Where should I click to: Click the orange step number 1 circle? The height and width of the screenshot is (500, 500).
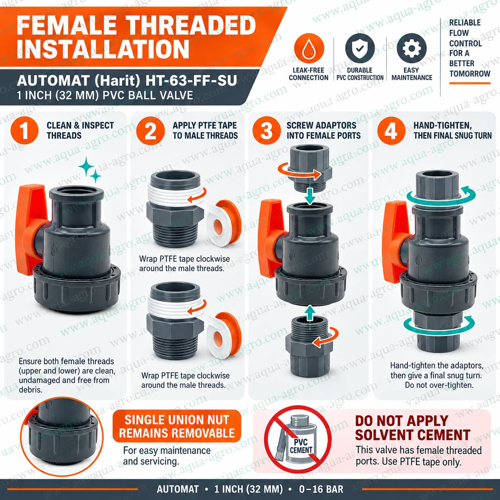[25, 130]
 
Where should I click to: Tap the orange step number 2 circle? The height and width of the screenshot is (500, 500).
[150, 130]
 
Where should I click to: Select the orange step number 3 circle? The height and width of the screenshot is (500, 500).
[267, 130]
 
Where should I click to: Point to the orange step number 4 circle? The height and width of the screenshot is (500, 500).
[391, 130]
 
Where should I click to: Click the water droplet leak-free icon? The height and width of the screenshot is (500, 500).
[309, 48]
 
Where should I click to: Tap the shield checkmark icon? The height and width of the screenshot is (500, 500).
[360, 48]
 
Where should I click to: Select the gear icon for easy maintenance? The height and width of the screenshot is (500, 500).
[412, 48]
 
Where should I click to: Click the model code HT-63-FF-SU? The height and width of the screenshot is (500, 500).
[191, 81]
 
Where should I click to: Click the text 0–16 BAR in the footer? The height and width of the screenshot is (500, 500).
[321, 489]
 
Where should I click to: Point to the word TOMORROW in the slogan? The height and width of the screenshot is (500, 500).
[470, 74]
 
